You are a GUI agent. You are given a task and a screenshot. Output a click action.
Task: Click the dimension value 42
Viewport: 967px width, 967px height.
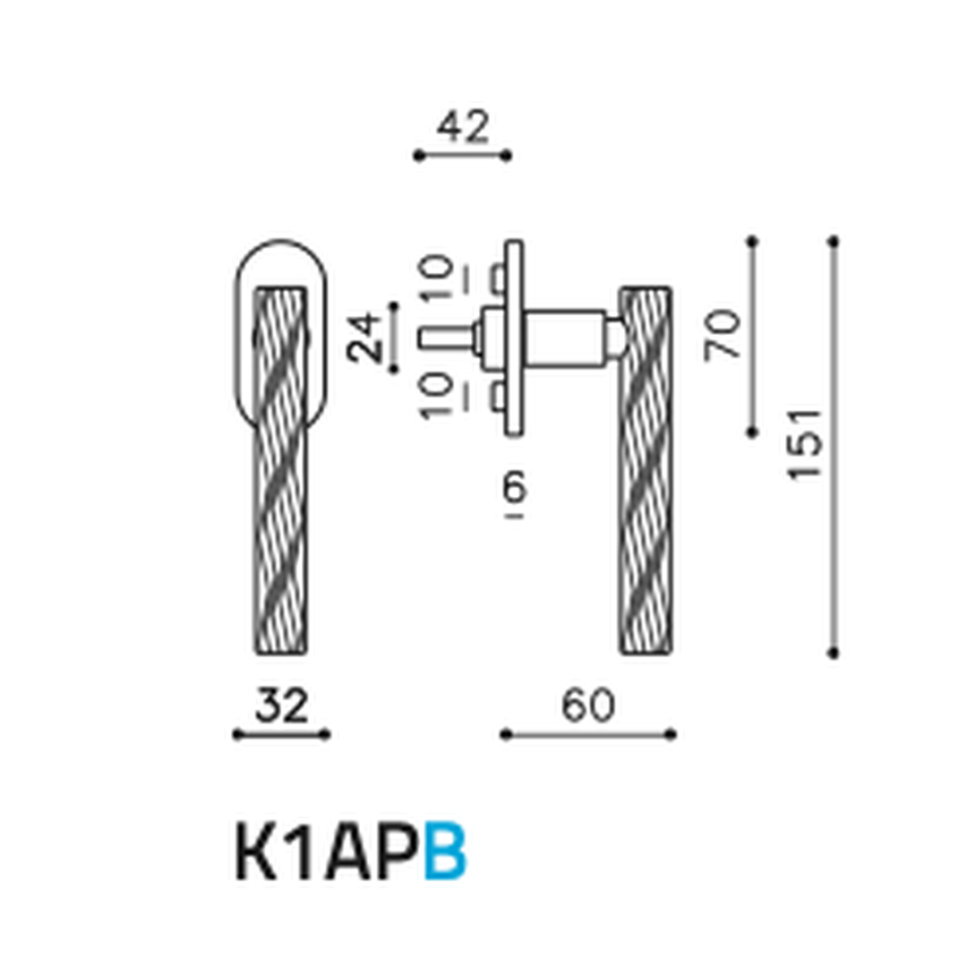tap(463, 128)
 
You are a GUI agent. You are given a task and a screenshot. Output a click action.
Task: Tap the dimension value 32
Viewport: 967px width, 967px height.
tap(281, 706)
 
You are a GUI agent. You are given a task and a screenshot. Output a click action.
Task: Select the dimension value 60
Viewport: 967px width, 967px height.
tap(588, 706)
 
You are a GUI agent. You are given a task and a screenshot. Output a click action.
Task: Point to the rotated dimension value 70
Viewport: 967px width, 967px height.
tap(723, 334)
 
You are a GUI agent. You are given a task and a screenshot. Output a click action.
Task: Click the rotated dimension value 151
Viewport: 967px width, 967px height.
tap(804, 444)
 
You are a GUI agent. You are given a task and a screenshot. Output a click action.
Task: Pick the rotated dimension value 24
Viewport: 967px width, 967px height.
tap(364, 337)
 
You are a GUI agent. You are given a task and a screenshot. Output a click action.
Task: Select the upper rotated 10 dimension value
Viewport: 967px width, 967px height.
tap(438, 279)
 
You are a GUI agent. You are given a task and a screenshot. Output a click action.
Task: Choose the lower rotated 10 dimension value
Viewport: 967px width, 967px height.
tap(438, 395)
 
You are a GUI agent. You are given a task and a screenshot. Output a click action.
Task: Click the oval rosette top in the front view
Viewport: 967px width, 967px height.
tap(281, 260)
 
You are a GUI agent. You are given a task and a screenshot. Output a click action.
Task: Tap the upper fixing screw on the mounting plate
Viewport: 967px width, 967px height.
tap(496, 279)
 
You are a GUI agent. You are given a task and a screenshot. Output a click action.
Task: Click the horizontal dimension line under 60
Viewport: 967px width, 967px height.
tap(588, 734)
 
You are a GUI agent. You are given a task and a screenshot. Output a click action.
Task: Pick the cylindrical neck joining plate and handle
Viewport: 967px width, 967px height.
tap(564, 337)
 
